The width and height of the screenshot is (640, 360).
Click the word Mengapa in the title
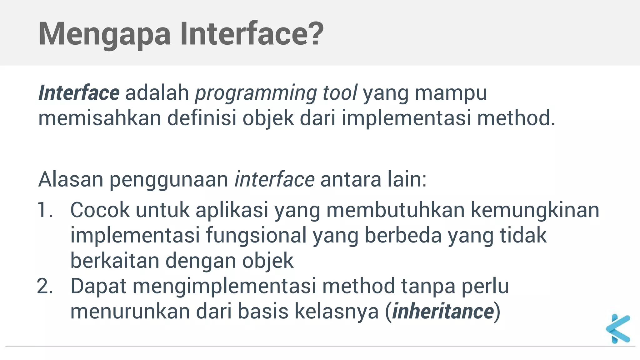tap(105, 34)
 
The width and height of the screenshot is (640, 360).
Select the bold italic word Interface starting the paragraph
tap(79, 93)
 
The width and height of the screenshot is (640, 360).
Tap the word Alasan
tap(71, 179)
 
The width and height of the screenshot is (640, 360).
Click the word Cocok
tap(100, 210)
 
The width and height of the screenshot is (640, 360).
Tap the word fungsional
tap(256, 236)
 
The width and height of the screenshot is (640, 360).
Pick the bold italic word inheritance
tap(443, 311)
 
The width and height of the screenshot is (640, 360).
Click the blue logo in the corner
tap(618, 329)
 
